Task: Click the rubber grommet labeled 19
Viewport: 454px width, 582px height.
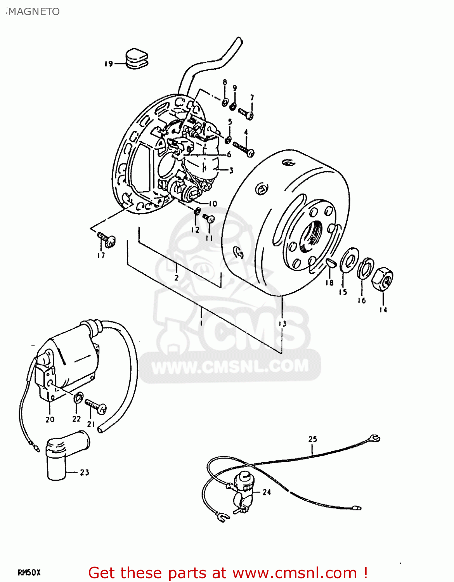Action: pyautogui.click(x=137, y=59)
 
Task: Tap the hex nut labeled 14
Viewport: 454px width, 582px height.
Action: pyautogui.click(x=382, y=278)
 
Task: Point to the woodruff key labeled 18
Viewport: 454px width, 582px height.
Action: pyautogui.click(x=330, y=263)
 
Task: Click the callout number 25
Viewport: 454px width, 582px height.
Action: pyautogui.click(x=312, y=439)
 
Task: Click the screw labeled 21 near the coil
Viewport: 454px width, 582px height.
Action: pyautogui.click(x=95, y=406)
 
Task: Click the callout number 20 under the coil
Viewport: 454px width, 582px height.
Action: pyautogui.click(x=50, y=419)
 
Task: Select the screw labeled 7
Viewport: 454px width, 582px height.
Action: pyautogui.click(x=246, y=113)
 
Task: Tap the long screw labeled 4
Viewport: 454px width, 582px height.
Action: pyautogui.click(x=243, y=149)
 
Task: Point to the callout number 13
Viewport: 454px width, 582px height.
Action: pyautogui.click(x=282, y=323)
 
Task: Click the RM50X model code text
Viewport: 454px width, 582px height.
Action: pyautogui.click(x=29, y=572)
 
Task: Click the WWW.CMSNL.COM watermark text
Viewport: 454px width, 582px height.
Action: pyautogui.click(x=230, y=366)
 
